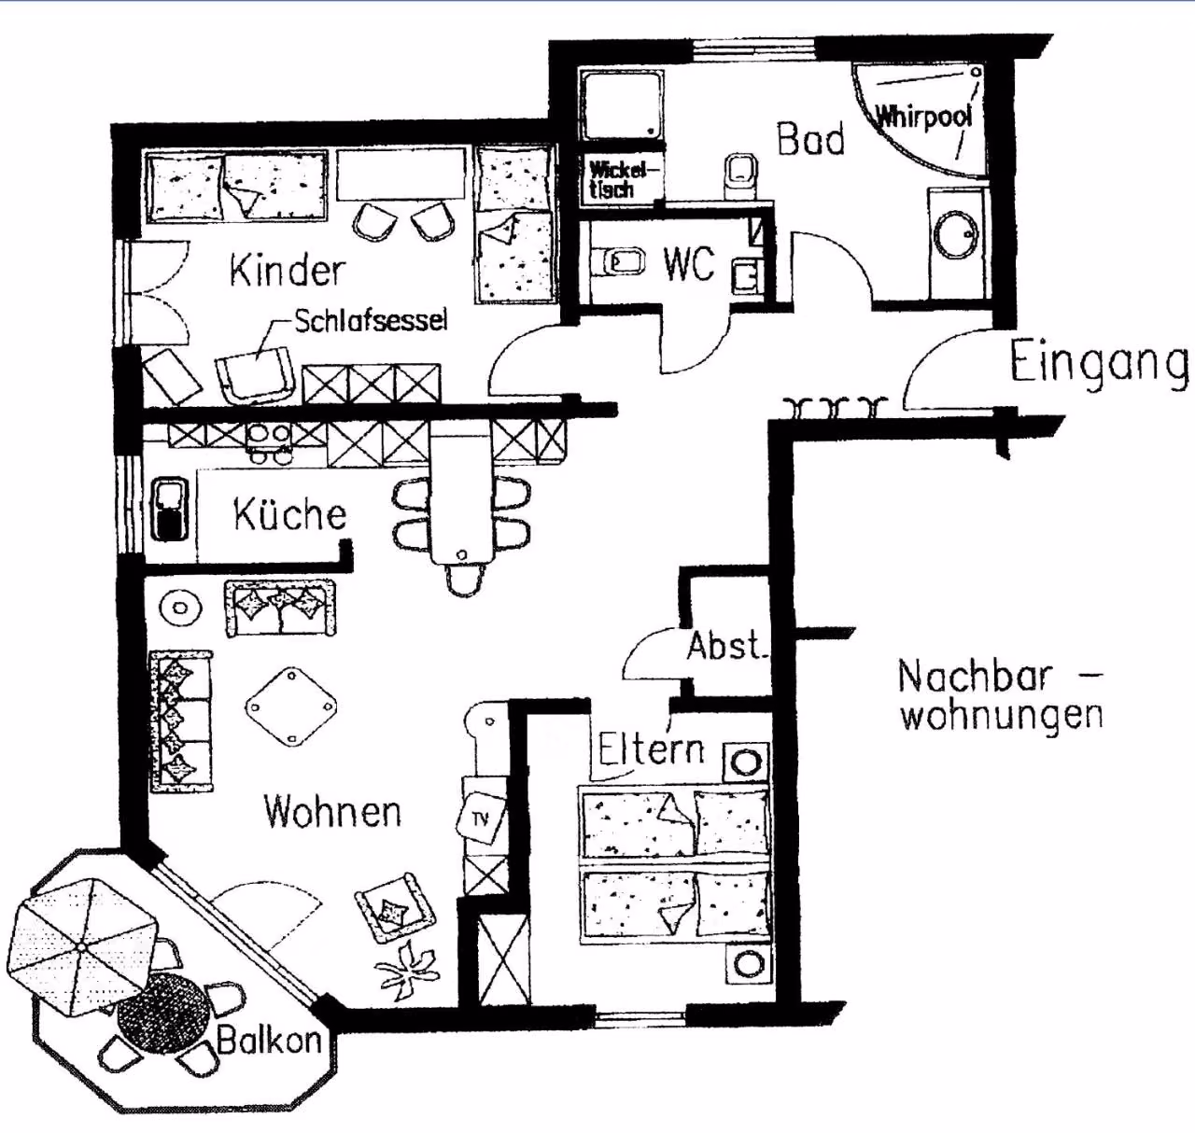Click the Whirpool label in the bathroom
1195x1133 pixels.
(x=923, y=116)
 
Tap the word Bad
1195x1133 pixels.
(x=811, y=139)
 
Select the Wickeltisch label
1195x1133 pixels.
(x=612, y=180)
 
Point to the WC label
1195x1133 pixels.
(x=689, y=265)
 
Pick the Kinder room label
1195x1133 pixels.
(x=288, y=271)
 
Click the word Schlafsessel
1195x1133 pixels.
(x=371, y=320)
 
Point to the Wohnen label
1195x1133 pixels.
(x=333, y=811)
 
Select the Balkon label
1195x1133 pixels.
(x=269, y=1040)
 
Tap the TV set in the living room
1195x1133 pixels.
(x=481, y=817)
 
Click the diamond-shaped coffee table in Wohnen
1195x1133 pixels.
(x=291, y=706)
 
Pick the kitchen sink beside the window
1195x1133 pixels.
(x=170, y=510)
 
